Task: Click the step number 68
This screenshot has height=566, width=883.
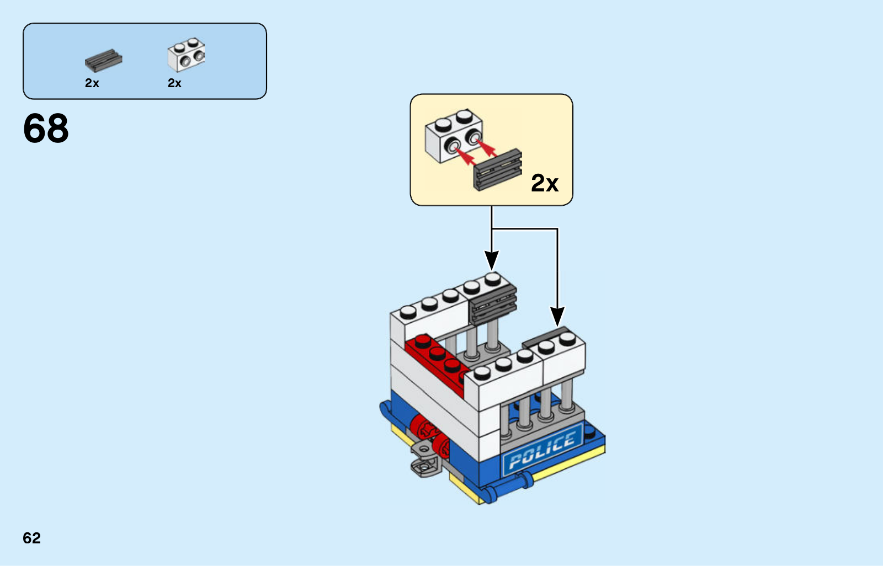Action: click(46, 129)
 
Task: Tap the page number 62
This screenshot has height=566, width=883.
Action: click(31, 538)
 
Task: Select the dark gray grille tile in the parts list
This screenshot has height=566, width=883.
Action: click(103, 60)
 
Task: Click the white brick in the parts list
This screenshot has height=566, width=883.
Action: click(186, 55)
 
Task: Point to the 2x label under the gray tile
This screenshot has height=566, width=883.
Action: click(92, 83)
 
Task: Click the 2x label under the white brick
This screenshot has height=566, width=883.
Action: click(174, 83)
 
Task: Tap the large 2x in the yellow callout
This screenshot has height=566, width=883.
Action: click(544, 183)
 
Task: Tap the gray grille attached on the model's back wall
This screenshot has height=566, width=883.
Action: click(493, 305)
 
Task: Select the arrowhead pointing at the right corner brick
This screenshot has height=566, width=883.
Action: click(557, 317)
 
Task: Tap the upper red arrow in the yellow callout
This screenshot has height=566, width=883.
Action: click(485, 146)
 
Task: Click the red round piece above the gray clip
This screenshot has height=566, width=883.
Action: click(422, 428)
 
